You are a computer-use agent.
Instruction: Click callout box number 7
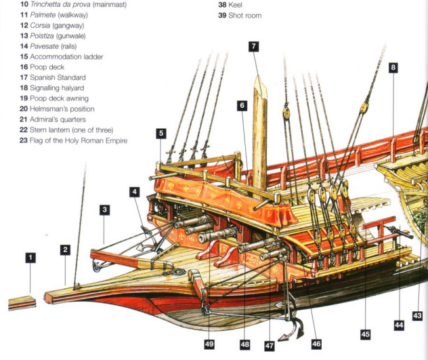[253, 47]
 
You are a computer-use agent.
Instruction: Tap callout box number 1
[30, 258]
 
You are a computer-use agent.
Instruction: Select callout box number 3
[104, 210]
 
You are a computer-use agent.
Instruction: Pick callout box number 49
[209, 345]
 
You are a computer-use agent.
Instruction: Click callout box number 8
[393, 68]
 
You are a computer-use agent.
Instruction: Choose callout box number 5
[160, 134]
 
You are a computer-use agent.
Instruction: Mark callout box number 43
[417, 316]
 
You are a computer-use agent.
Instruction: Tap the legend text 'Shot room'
[248, 15]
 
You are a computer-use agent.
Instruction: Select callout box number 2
[66, 250]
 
